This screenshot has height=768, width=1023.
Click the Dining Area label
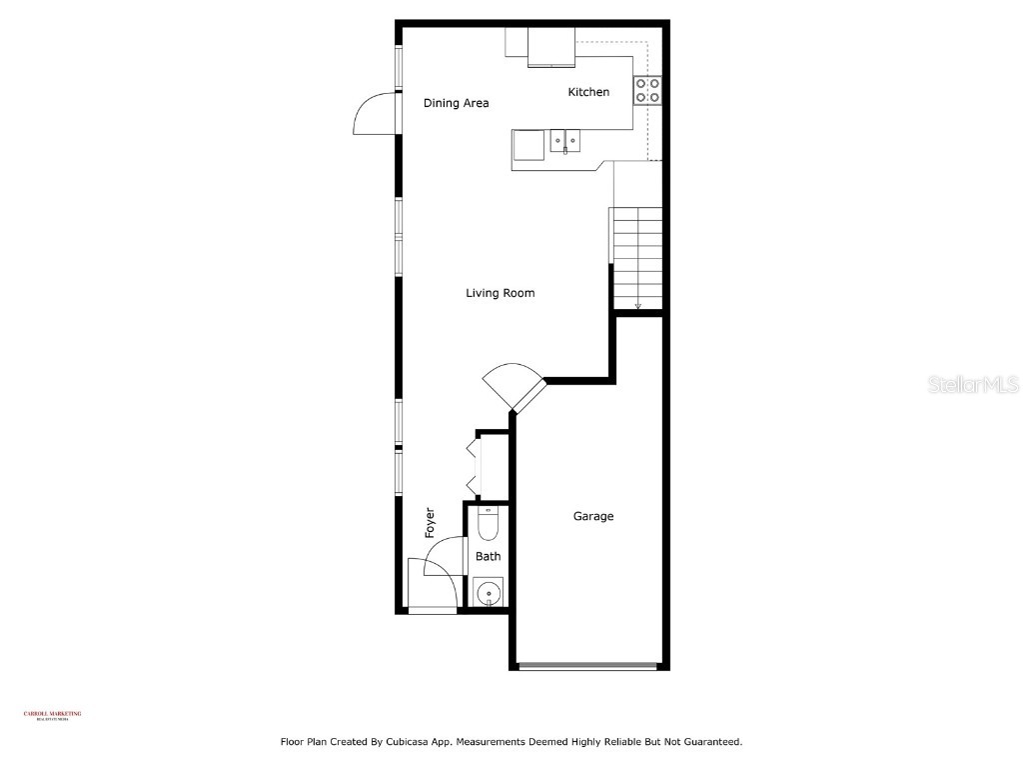click(x=456, y=103)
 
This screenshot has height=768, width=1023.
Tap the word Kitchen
click(x=588, y=92)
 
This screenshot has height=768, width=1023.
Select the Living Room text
click(x=500, y=293)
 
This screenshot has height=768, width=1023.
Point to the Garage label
click(x=592, y=516)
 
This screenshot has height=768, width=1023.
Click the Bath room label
click(x=488, y=557)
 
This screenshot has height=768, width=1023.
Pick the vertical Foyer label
click(x=431, y=523)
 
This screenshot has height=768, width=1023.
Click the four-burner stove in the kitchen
click(x=646, y=91)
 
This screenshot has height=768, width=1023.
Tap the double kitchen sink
click(x=566, y=142)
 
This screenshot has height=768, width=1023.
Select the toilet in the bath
click(x=488, y=523)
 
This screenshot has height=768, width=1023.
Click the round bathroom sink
click(x=488, y=594)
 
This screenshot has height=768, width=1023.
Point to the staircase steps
click(x=637, y=258)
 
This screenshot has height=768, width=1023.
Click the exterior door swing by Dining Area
click(x=377, y=113)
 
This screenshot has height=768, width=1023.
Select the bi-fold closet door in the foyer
click(x=472, y=465)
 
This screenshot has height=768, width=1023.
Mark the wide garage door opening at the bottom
click(x=587, y=666)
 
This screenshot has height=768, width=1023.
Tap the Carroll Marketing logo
click(x=52, y=715)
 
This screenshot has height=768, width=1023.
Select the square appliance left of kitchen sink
click(x=528, y=145)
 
